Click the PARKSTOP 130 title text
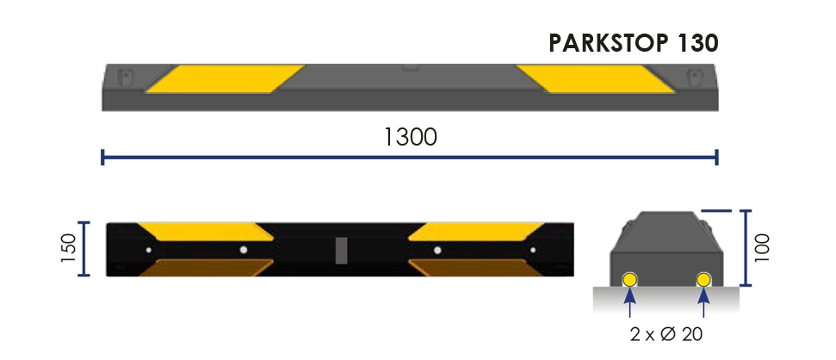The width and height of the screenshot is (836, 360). tap(633, 43)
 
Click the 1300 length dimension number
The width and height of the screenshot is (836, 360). tap(410, 136)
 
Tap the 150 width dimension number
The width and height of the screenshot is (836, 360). tap(68, 249)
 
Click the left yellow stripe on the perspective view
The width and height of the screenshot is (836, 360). tap(225, 79)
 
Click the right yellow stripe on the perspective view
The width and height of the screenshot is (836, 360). tap(595, 79)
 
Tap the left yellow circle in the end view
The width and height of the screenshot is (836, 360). tap(630, 279)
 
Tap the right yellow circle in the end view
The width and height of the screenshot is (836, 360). tap(704, 279)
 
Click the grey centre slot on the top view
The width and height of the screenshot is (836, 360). tap(340, 250)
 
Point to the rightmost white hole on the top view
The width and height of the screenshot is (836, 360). tap(532, 250)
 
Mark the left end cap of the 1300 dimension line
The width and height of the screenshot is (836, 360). tap(102, 157)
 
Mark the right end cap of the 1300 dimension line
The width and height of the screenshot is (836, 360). tap(717, 157)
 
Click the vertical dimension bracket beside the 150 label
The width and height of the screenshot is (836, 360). tap(84, 249)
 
